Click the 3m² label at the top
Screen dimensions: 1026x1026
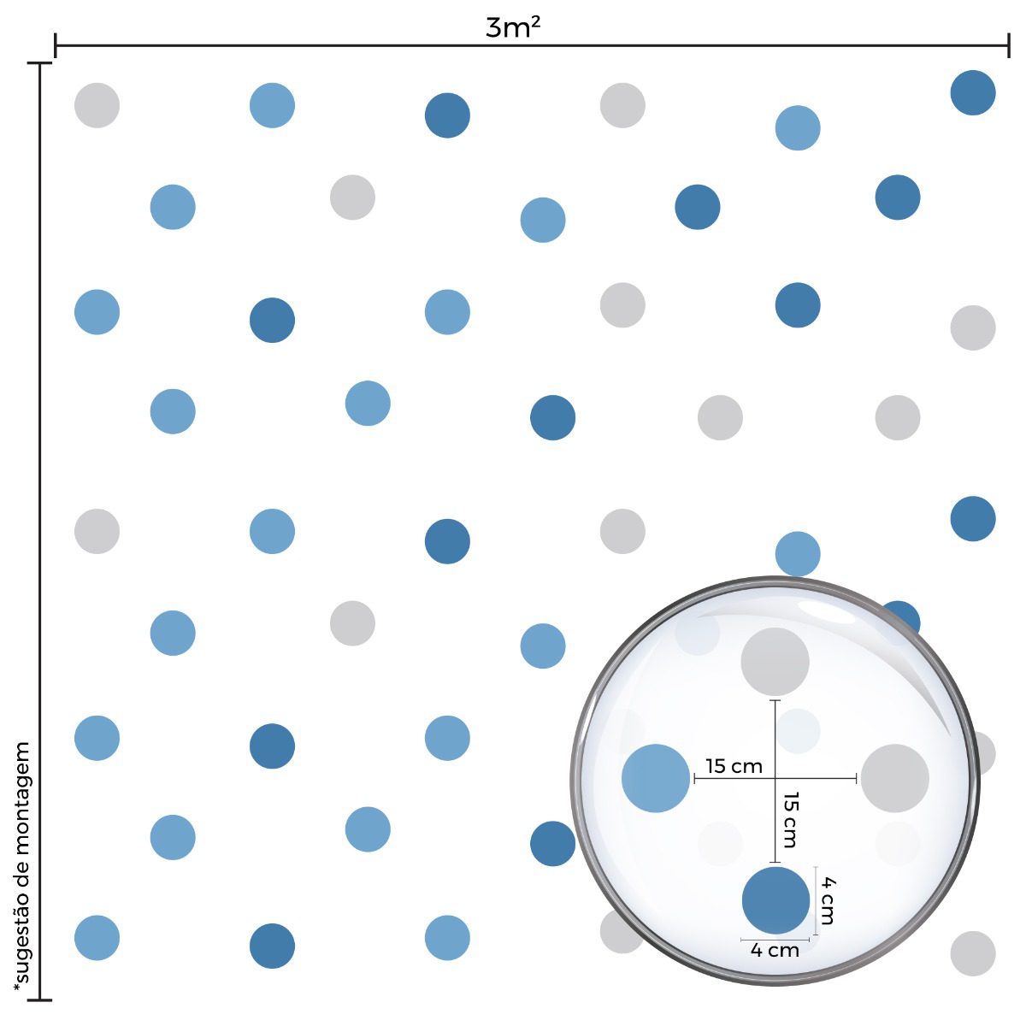click(513, 27)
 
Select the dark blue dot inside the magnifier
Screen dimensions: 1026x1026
click(775, 900)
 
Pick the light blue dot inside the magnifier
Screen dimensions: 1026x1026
click(656, 778)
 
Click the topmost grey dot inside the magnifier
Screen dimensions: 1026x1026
click(775, 661)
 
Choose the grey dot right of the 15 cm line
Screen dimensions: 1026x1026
click(894, 778)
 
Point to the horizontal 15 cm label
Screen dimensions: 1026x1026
click(734, 766)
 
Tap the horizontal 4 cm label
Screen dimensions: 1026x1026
click(775, 950)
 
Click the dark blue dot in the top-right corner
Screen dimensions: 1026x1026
click(973, 92)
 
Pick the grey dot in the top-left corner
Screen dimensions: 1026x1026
click(97, 105)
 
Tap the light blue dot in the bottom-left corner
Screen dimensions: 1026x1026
click(97, 937)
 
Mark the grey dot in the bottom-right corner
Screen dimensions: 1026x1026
click(973, 953)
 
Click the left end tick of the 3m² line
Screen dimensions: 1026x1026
click(56, 45)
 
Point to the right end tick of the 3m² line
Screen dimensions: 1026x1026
click(1011, 45)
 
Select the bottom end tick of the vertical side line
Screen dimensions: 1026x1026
click(39, 999)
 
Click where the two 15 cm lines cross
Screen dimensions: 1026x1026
click(775, 778)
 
